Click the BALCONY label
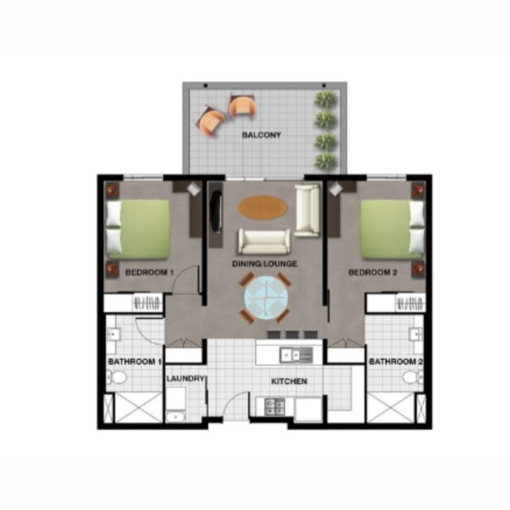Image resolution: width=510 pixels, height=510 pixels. pyautogui.click(x=261, y=135)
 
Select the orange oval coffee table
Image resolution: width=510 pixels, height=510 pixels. pyautogui.click(x=262, y=207)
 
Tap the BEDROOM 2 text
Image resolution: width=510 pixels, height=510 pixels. pyautogui.click(x=369, y=272)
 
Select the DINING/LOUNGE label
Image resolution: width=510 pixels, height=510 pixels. pyautogui.click(x=265, y=263)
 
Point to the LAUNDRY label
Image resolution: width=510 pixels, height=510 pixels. pyautogui.click(x=185, y=378)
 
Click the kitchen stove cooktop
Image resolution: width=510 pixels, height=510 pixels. pyautogui.click(x=275, y=407)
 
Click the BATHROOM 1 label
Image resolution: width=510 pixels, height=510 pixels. pyautogui.click(x=135, y=362)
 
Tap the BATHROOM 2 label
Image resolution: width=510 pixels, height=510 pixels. pyautogui.click(x=396, y=362)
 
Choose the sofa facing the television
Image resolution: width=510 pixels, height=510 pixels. pyautogui.click(x=264, y=241)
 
